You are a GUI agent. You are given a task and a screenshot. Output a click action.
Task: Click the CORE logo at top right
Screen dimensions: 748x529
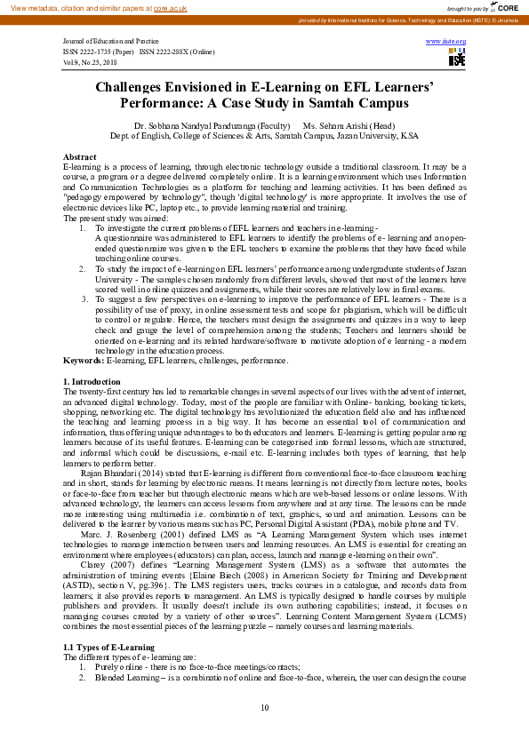pos(504,7)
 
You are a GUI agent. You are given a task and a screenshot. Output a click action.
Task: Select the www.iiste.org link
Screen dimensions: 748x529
pos(445,42)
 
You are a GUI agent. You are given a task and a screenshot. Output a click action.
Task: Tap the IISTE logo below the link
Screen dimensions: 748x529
pos(457,59)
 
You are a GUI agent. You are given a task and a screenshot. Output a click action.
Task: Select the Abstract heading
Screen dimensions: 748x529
pos(79,156)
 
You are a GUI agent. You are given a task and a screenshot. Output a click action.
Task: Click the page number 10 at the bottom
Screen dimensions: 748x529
pos(264,708)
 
